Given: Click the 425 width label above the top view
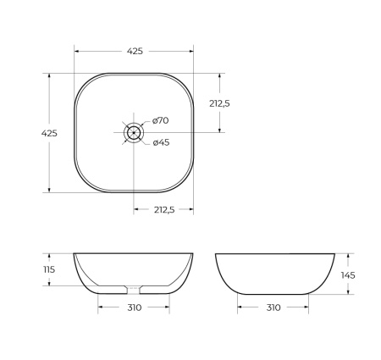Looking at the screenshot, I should point(134,51).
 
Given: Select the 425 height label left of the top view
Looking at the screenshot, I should point(49,133).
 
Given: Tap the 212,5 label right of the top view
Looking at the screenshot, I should point(220,102).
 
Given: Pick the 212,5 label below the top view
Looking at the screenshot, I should point(163,210).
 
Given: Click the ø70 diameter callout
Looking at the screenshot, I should point(161,120).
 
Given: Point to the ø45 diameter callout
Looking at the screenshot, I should point(161,142).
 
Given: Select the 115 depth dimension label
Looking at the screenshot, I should point(49,269).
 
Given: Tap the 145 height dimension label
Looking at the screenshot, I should point(348,274).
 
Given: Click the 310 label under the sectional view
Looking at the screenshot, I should point(134,307).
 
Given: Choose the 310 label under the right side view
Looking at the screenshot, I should point(273,307).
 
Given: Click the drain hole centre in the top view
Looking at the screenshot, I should point(134,133).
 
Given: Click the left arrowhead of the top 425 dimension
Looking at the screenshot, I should point(77,51).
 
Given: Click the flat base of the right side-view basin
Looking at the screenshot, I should point(273,294).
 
